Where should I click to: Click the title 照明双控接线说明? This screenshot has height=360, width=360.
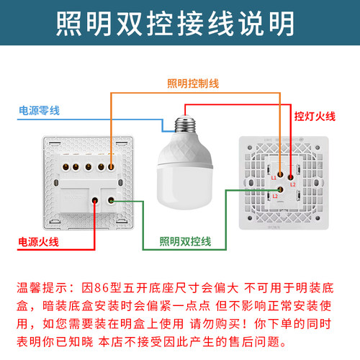click(176, 24)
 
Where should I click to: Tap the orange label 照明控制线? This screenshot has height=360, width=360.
click(192, 84)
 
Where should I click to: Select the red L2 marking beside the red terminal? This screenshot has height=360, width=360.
click(294, 184)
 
